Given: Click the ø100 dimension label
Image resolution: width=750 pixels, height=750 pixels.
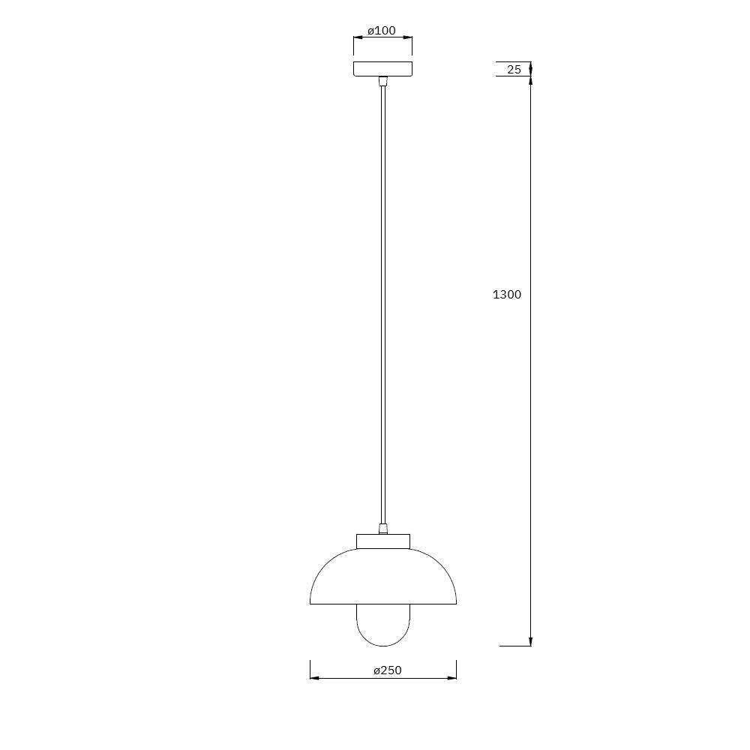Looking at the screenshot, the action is coord(382,31).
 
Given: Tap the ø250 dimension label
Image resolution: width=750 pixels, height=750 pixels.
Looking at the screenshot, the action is coord(388,670).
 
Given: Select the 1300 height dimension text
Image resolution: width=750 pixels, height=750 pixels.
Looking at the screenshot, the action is coord(507,295).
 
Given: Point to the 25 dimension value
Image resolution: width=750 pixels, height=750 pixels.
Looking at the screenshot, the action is coord(514,69).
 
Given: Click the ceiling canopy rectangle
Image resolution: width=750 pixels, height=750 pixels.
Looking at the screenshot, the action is coord(382,69).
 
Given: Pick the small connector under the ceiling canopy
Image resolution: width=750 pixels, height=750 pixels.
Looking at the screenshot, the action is coord(382,81).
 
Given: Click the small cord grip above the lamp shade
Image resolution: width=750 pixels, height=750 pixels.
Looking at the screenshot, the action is coord(382,529).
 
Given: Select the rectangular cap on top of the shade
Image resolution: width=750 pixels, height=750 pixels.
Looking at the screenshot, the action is coord(383,541).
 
